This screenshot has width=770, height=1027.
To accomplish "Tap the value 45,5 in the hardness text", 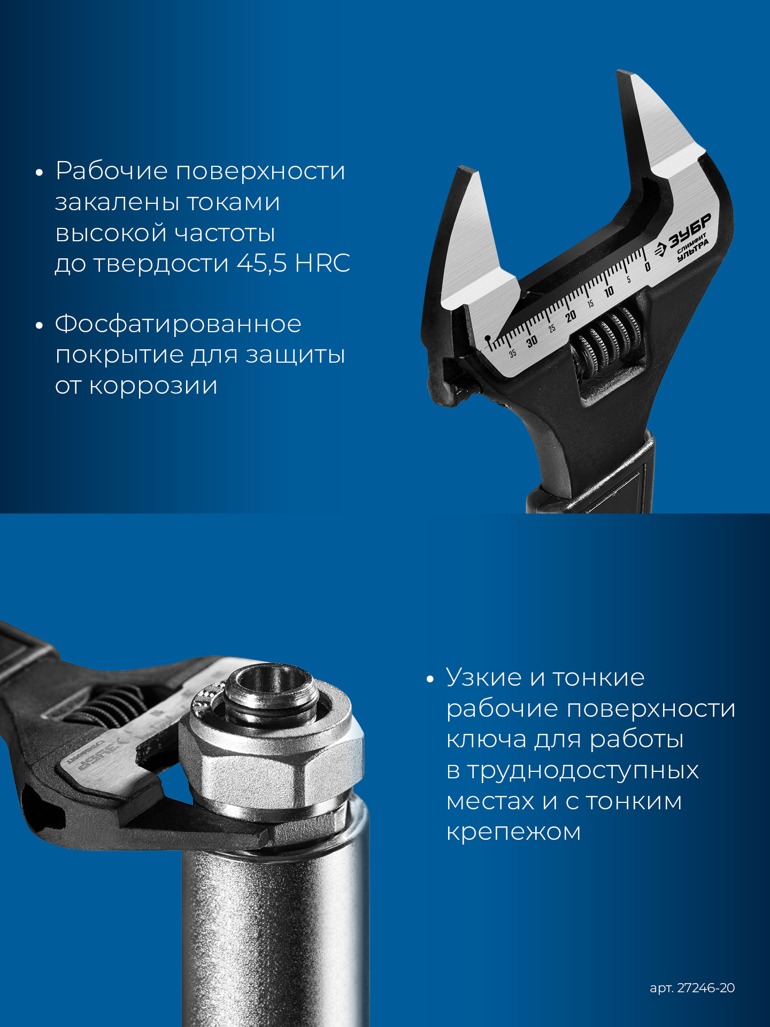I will [x=261, y=263].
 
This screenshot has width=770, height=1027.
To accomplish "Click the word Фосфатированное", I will [x=178, y=324].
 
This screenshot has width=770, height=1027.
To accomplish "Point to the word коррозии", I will [x=153, y=386].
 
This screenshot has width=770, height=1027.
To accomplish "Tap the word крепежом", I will [x=513, y=832].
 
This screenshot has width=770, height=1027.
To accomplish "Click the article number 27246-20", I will [x=706, y=988].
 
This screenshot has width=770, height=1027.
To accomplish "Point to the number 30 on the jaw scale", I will [x=532, y=342].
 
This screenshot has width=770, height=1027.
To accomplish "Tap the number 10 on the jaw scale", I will [x=609, y=292].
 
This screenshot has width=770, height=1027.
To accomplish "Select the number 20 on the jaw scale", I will [x=571, y=316].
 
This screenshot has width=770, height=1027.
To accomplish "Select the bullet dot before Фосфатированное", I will [x=38, y=326].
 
